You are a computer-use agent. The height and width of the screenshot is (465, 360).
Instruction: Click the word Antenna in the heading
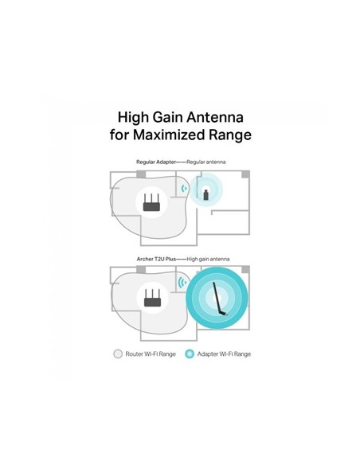click(x=215, y=117)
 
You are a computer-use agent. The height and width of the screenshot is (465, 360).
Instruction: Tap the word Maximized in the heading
click(x=169, y=135)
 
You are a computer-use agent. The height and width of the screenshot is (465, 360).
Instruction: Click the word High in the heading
click(x=134, y=118)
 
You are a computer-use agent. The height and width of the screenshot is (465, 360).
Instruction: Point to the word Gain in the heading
click(x=167, y=117)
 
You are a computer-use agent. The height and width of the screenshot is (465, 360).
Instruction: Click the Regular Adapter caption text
click(x=156, y=162)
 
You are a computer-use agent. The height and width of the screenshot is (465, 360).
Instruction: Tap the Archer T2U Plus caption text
click(x=156, y=259)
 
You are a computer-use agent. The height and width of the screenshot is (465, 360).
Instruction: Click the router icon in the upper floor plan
click(x=151, y=202)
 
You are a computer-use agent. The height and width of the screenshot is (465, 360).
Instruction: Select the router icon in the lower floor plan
click(x=152, y=298)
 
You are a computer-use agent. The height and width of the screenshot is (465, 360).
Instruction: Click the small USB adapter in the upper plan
click(x=205, y=195)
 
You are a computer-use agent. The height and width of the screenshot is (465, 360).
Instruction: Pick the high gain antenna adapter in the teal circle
click(x=220, y=299)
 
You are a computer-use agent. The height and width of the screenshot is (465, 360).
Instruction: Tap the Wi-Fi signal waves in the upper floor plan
click(x=184, y=189)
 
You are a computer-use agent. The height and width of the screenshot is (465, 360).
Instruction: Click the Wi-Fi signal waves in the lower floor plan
click(x=182, y=283)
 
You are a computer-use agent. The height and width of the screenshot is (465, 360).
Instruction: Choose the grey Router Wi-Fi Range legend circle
click(x=118, y=354)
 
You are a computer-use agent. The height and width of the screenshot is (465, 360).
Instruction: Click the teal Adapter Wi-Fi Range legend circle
click(x=190, y=354)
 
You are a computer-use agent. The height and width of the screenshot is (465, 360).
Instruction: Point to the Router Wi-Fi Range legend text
click(x=151, y=354)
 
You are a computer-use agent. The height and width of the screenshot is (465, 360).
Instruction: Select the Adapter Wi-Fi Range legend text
click(x=224, y=354)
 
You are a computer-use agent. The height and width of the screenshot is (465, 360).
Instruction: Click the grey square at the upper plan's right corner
click(x=245, y=174)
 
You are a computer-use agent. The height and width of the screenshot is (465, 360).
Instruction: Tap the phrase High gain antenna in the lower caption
click(x=208, y=260)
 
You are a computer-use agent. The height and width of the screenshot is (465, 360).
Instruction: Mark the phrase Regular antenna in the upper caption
click(x=206, y=162)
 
